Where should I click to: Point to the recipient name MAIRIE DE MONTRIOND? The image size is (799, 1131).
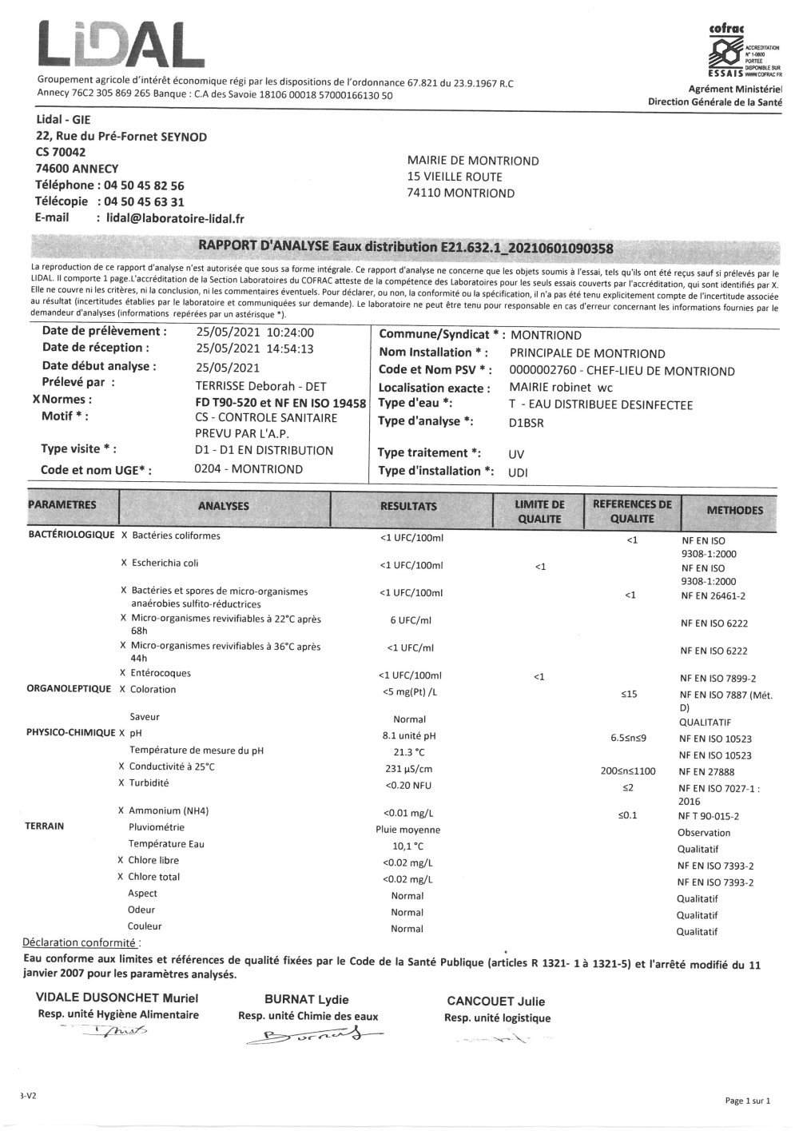473,161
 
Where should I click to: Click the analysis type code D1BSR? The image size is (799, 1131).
526,423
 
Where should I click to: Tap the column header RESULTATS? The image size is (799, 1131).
408,506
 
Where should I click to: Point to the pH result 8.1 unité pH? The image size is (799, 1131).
410,735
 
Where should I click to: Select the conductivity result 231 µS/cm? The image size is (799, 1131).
410,769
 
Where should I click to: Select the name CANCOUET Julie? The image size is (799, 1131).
496,1002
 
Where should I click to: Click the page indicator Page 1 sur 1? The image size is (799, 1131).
747,1101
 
